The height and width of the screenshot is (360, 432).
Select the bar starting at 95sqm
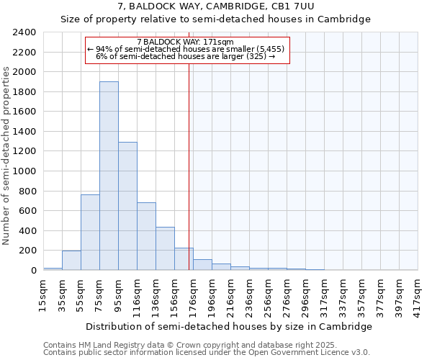click(x=127, y=206)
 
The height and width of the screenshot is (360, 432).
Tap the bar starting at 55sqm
click(x=90, y=232)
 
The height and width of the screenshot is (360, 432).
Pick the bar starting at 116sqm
click(x=146, y=236)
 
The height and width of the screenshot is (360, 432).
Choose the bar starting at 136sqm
click(x=165, y=248)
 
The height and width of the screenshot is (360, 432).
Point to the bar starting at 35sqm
click(x=71, y=260)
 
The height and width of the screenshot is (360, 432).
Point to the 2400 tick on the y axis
click(x=25, y=32)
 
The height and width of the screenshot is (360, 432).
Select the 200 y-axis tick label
click(x=28, y=251)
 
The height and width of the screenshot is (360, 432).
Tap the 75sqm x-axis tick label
click(x=99, y=292)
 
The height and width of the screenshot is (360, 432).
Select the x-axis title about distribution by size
click(x=230, y=326)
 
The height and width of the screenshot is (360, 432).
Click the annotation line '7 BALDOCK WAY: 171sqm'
click(x=185, y=42)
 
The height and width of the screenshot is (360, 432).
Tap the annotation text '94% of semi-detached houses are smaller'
click(x=186, y=49)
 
